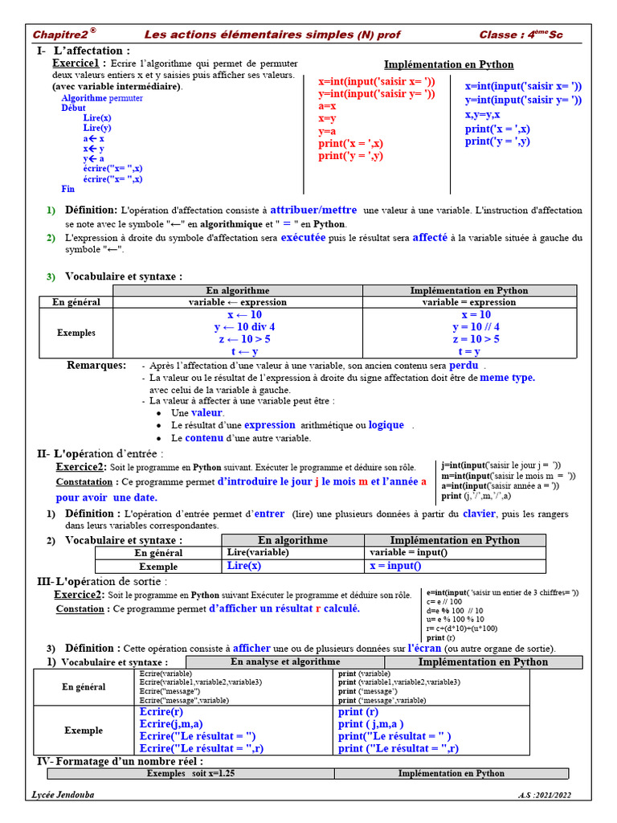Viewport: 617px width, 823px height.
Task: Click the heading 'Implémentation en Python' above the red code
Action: tap(448, 64)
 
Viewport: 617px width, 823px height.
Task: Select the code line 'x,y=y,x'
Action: tap(482, 114)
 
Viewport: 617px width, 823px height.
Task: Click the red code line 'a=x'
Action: tap(327, 105)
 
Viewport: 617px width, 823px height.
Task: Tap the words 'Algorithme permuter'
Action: tap(102, 97)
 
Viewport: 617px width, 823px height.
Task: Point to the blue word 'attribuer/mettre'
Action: tap(313, 209)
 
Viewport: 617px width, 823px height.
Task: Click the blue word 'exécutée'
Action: tap(303, 238)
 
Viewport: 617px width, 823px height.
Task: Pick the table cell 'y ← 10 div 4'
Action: tap(244, 327)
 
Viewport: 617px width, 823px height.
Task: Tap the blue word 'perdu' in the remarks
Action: tap(464, 365)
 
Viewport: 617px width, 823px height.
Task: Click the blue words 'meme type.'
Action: tap(507, 377)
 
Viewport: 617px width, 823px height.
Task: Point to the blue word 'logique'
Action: tap(386, 425)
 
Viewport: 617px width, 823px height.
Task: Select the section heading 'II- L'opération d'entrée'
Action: tap(101, 453)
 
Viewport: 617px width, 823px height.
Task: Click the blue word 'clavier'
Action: tap(480, 514)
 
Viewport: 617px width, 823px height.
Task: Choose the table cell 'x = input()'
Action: tap(394, 566)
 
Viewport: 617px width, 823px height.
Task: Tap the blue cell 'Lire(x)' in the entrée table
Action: tap(244, 566)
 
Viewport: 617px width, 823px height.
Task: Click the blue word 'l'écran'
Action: tap(424, 648)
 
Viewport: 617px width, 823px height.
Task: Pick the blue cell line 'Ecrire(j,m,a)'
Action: tap(171, 724)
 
